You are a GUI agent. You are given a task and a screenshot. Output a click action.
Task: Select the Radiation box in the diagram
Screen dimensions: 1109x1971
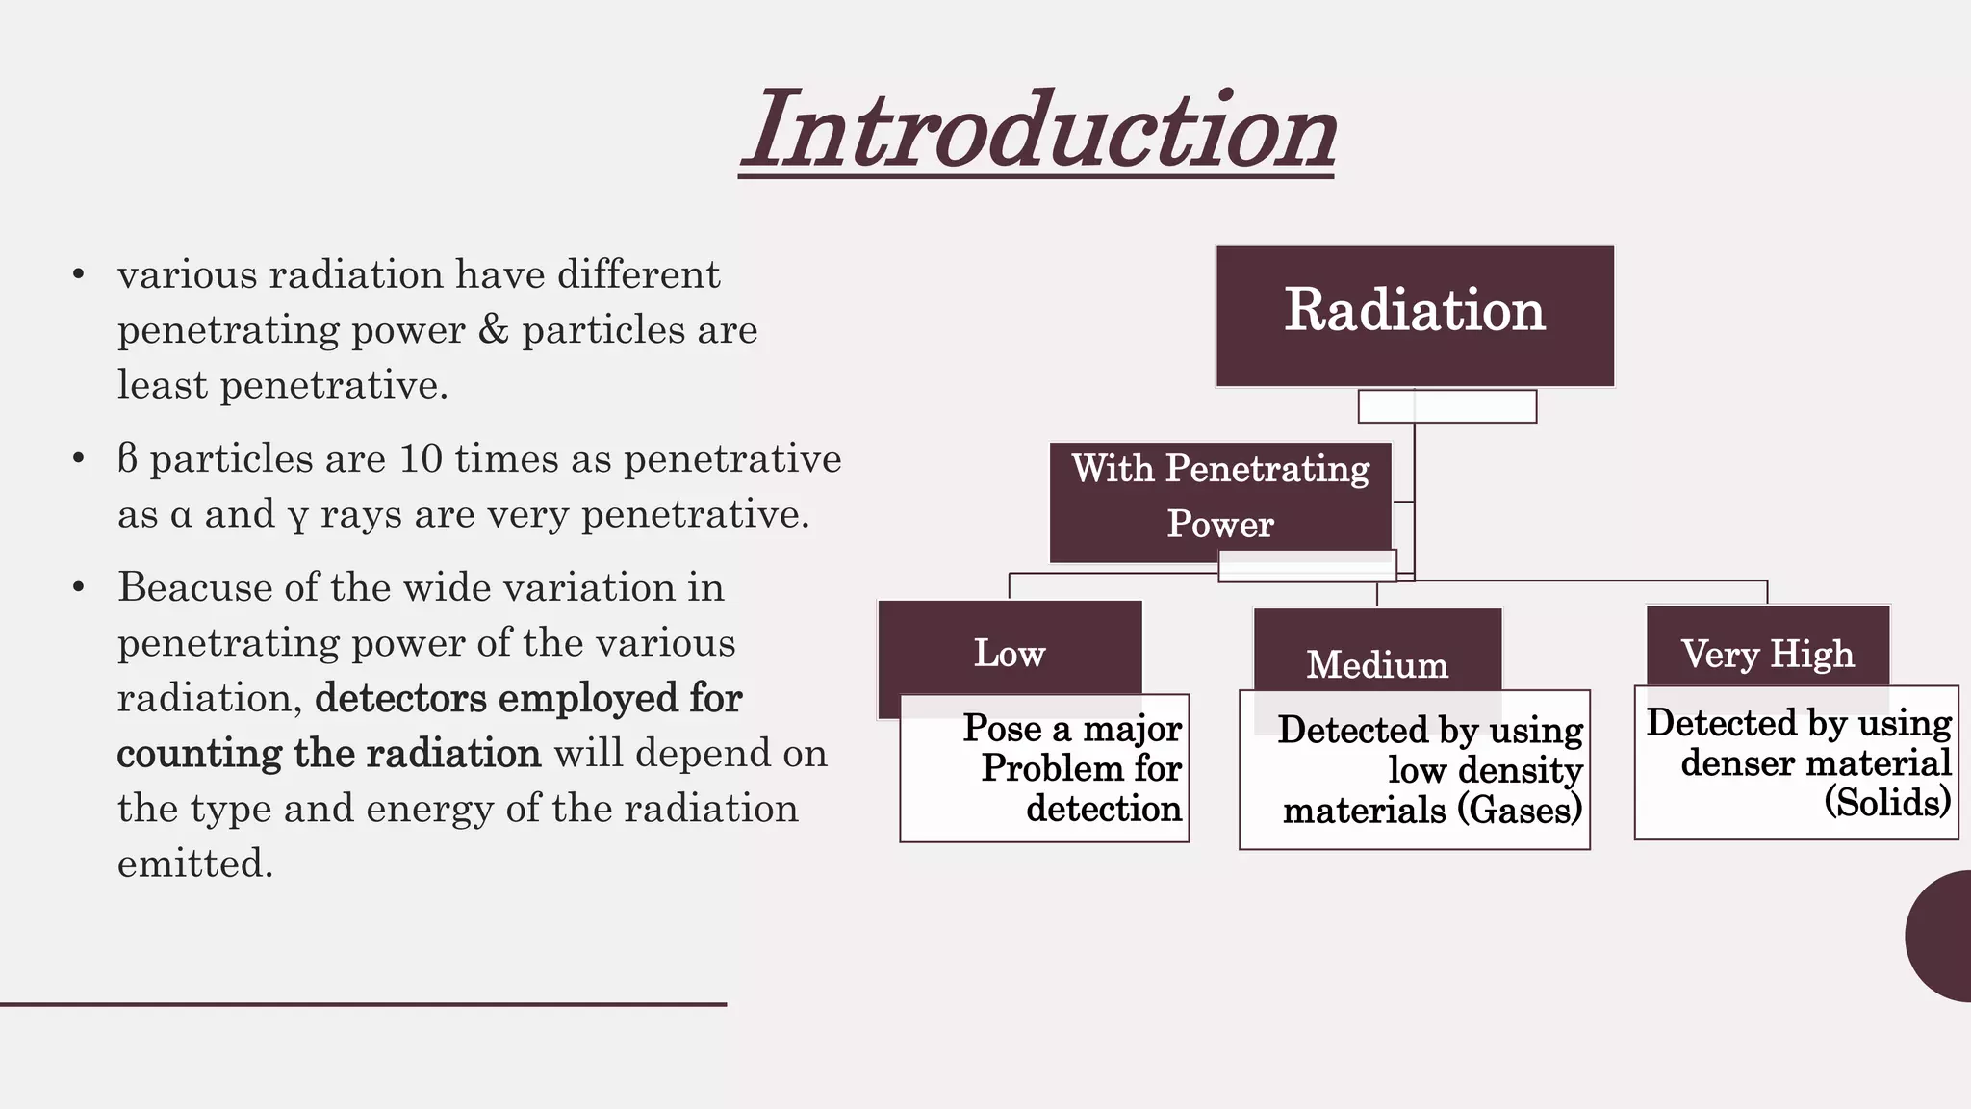1414,315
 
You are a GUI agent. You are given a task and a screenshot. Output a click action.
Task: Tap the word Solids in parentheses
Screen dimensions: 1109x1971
1887,803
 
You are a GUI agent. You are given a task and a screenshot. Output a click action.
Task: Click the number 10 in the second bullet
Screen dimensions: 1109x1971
421,459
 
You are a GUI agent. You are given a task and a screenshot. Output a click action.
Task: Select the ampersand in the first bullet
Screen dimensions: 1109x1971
493,330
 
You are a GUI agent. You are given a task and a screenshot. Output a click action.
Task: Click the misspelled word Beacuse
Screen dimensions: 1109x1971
193,587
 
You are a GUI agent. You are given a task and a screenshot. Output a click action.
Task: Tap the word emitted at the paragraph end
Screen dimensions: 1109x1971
195,864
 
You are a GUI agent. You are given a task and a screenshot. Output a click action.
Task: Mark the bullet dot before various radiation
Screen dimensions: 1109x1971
79,276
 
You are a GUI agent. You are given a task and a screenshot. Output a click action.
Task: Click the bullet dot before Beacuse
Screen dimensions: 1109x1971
79,587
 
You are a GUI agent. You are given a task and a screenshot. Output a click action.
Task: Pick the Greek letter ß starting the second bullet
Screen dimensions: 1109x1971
127,459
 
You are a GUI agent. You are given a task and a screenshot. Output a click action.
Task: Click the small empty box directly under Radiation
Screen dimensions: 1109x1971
1446,406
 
